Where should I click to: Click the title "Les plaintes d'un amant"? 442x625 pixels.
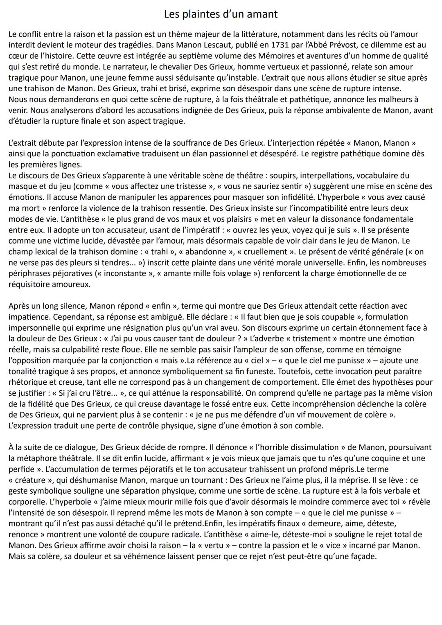[x=221, y=14]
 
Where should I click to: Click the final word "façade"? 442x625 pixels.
[x=363, y=556]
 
